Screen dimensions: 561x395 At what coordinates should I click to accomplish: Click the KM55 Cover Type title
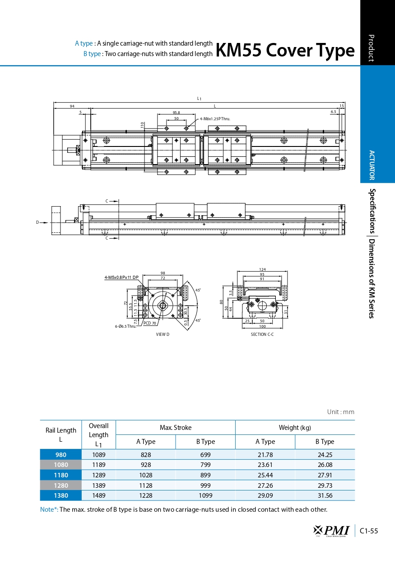285,50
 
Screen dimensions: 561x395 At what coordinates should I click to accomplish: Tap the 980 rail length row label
61,455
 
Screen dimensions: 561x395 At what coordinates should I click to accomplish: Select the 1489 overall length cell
98,495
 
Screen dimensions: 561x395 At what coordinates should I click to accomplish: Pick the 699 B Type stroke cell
205,455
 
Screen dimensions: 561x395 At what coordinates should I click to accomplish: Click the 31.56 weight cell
325,495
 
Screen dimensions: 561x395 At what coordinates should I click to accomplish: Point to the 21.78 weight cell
265,455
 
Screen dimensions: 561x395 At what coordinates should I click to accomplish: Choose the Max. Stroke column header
176,428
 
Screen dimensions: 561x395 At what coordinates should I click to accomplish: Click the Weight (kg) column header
295,428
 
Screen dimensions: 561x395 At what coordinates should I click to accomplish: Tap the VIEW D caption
163,335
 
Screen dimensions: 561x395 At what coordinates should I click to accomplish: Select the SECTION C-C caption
262,335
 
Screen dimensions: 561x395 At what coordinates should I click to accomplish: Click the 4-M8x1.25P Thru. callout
215,119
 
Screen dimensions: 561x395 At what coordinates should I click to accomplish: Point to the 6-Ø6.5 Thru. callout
125,326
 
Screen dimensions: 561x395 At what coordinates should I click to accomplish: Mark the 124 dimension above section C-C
262,269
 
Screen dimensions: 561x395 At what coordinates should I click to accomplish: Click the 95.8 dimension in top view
177,113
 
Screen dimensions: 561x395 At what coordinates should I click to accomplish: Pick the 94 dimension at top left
72,106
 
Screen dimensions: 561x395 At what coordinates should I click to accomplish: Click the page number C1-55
369,531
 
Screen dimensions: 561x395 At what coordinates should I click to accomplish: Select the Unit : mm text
341,412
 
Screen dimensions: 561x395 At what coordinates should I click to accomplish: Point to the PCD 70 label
149,323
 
